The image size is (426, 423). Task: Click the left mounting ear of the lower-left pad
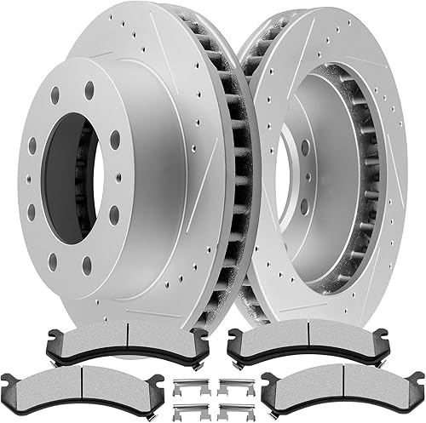(10, 381)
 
